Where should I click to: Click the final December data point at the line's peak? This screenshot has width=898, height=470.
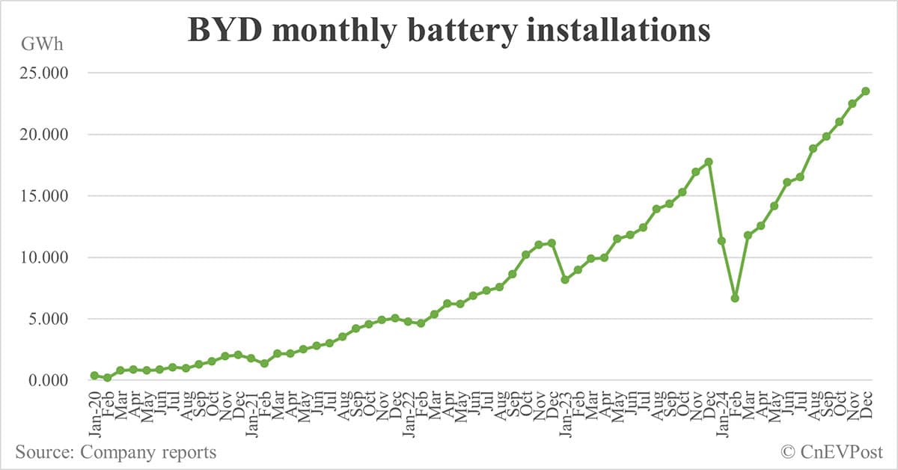tap(865, 91)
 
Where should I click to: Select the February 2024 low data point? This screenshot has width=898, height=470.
tap(735, 298)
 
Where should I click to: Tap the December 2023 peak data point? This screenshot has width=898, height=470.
tap(709, 162)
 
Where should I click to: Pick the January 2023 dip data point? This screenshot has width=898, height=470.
tap(565, 279)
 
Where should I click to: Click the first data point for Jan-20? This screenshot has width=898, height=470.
tap(94, 375)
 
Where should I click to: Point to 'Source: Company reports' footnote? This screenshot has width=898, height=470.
tap(115, 452)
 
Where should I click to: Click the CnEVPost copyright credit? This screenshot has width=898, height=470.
tap(831, 452)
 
